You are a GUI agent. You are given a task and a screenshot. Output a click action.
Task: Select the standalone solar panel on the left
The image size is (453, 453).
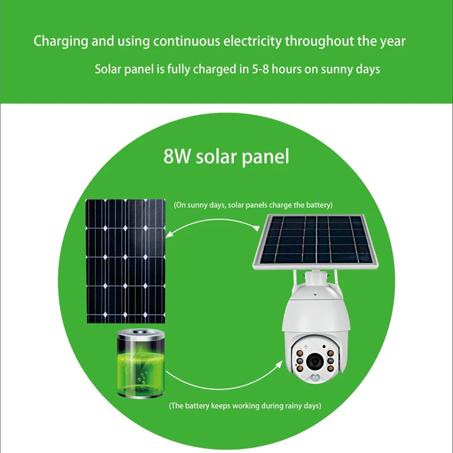(126, 261)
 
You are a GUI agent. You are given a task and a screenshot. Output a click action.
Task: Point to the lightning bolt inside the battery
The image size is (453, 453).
(140, 368)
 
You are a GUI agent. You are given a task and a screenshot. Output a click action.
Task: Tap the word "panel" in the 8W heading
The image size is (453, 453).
(265, 157)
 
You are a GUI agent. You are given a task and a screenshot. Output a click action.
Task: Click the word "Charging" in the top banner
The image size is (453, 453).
(58, 41)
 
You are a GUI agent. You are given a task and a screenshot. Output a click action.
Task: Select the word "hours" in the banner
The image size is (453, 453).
(289, 70)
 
